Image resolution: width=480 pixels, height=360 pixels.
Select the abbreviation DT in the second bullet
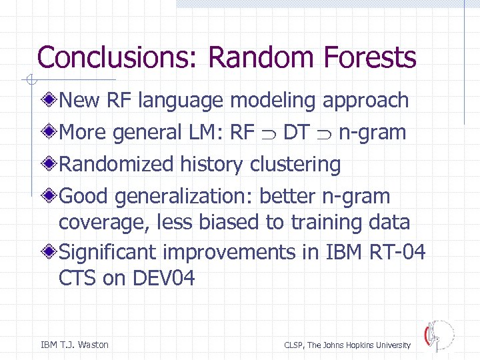(x=296, y=133)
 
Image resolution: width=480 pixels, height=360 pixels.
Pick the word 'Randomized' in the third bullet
(x=117, y=164)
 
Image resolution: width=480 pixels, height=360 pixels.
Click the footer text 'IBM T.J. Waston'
(x=75, y=345)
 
